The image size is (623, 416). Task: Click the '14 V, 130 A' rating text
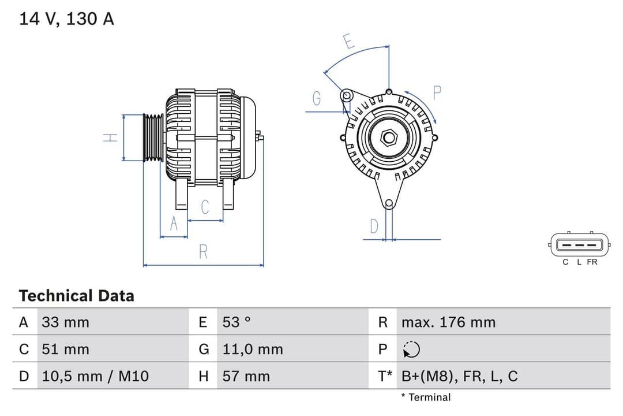[x=66, y=19]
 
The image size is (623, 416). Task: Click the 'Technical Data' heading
[x=76, y=296]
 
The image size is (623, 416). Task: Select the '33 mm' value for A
[x=66, y=322]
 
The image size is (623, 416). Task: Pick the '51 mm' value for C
[x=66, y=349]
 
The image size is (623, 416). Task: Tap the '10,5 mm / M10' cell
[x=95, y=376]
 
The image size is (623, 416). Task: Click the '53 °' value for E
[x=237, y=322]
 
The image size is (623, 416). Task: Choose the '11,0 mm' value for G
[x=253, y=349]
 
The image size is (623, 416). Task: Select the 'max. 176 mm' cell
[x=448, y=322]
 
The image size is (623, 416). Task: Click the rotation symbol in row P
[x=411, y=349]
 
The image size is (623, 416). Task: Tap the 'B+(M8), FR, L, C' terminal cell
[x=459, y=376]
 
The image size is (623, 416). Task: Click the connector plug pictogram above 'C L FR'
[x=579, y=245]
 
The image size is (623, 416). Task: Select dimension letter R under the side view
[x=203, y=252]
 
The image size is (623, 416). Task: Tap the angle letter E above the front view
[x=348, y=42]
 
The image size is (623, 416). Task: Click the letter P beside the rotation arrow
[x=437, y=92]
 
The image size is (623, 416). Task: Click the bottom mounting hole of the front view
[x=389, y=203]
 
